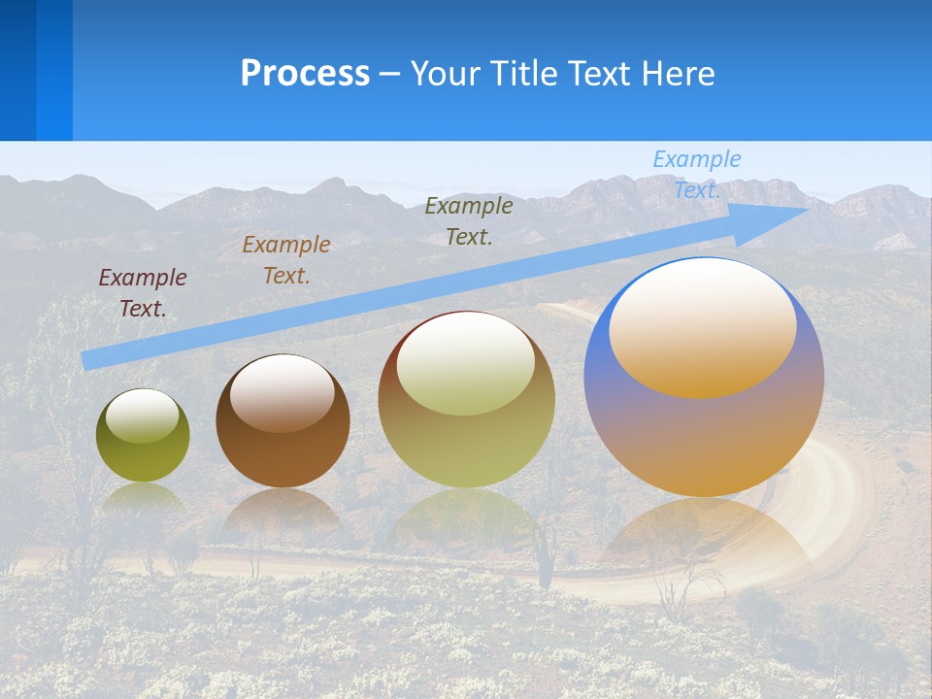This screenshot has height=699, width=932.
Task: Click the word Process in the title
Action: [305, 74]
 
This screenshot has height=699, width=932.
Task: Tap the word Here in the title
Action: [677, 74]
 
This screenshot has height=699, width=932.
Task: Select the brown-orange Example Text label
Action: [286, 260]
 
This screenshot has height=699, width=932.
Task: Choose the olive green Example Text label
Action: [469, 221]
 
